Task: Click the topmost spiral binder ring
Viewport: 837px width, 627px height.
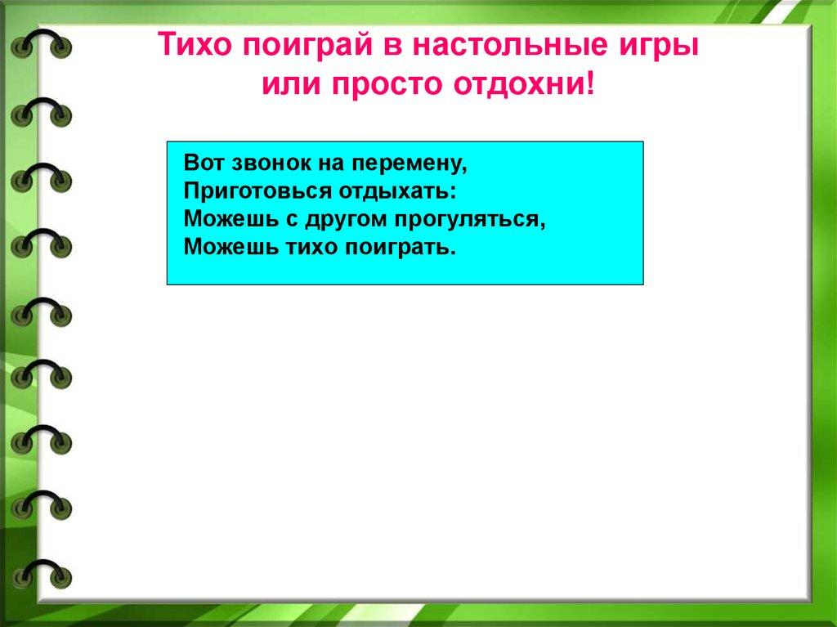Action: [x=41, y=32]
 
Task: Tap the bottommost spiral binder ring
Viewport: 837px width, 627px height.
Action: [x=41, y=562]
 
